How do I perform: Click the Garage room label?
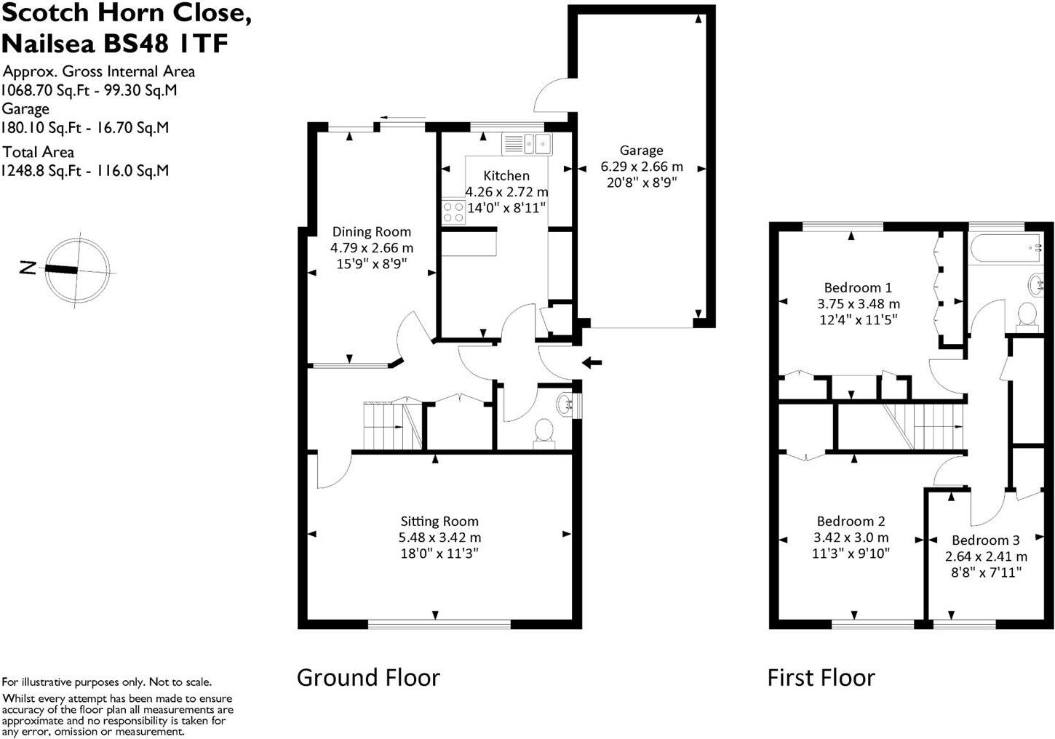(x=641, y=150)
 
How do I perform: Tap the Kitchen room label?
(x=506, y=175)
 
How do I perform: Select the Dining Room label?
(x=372, y=231)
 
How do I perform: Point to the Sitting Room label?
(x=439, y=521)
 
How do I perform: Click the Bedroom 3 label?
(x=986, y=540)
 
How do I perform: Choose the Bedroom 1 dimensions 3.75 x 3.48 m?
(x=859, y=303)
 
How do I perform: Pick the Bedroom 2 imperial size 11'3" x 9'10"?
(x=851, y=553)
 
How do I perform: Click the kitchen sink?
(x=527, y=143)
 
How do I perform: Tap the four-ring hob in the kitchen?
(x=453, y=212)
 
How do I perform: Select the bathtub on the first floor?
(x=1006, y=248)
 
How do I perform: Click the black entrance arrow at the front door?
(x=592, y=362)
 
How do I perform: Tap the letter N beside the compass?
(x=28, y=268)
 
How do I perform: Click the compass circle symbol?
(x=78, y=270)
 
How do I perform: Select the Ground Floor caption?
(x=368, y=678)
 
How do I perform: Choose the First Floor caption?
(x=821, y=678)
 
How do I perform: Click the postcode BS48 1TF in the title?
(x=166, y=44)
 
